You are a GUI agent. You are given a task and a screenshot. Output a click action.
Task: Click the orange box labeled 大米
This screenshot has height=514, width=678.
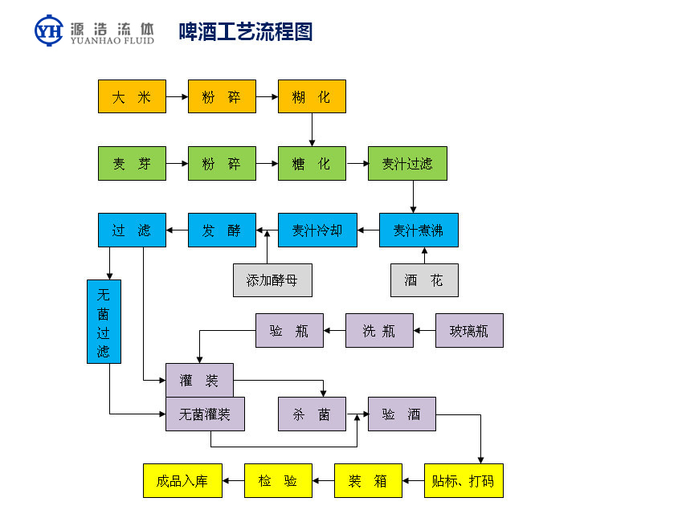point(132,96)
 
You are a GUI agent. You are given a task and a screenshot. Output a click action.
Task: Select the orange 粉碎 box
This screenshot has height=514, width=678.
point(222,96)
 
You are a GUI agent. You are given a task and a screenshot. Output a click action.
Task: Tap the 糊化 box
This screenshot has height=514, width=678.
point(312,96)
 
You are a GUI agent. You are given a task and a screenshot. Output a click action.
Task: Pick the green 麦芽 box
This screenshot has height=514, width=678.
point(132,164)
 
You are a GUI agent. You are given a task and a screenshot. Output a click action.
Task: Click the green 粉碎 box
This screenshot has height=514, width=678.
point(222,164)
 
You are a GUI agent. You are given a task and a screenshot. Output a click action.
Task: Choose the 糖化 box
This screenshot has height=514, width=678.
point(312,164)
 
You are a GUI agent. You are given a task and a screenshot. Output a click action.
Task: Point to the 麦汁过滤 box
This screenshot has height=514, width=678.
point(407,164)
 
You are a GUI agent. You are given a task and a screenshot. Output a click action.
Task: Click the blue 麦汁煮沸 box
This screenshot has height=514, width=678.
point(419,230)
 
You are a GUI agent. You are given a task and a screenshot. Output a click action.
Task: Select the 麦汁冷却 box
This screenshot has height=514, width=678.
point(317,230)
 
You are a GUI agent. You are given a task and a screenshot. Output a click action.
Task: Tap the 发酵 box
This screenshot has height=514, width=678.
point(222,230)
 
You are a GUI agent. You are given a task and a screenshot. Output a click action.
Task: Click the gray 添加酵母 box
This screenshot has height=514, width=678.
point(272,280)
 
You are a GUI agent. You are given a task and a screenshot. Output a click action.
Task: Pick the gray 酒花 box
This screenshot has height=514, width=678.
point(424,280)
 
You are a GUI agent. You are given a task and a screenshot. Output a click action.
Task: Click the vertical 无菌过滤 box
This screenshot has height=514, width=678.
point(104,321)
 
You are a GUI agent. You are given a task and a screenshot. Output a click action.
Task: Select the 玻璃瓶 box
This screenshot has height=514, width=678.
point(469,330)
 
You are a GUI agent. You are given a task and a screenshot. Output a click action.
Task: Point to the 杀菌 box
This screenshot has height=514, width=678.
point(312,414)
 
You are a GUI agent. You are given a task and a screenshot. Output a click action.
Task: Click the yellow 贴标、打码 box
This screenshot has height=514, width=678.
point(463,481)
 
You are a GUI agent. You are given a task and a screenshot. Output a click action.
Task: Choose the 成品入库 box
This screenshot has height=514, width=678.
point(182,481)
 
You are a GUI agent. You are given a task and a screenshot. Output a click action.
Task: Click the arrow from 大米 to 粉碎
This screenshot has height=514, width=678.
point(177,96)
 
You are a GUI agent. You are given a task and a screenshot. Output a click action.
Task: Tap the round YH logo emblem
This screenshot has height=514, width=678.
point(49,31)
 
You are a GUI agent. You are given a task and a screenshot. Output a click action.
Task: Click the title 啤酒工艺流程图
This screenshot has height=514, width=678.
point(246,31)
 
